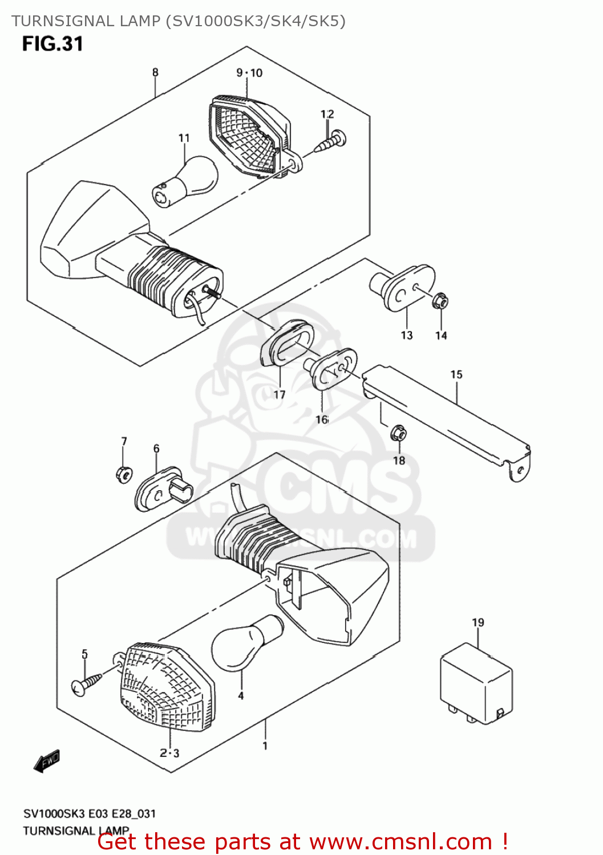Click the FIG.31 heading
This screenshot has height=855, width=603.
[52, 44]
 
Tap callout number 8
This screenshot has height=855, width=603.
[155, 72]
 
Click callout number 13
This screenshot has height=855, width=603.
[406, 335]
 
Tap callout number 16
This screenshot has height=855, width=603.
[322, 420]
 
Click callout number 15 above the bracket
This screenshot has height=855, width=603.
[456, 374]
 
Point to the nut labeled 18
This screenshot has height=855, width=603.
[399, 434]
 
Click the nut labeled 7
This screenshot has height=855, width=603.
[124, 474]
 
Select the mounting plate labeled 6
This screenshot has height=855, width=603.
[163, 488]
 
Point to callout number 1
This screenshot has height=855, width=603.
[265, 746]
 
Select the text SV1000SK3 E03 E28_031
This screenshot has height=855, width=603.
[90, 813]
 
